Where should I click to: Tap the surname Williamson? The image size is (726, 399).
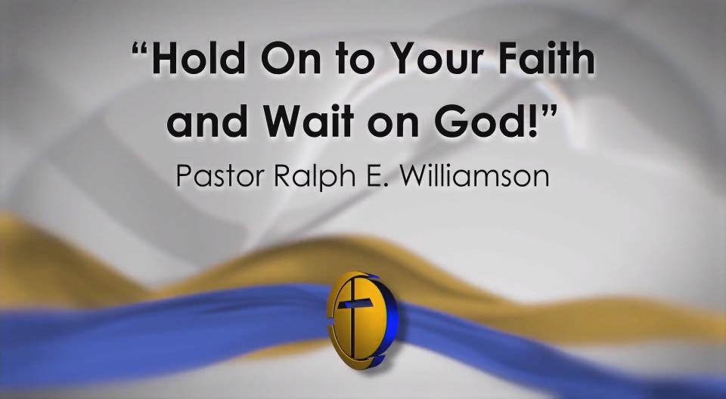point(474,175)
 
